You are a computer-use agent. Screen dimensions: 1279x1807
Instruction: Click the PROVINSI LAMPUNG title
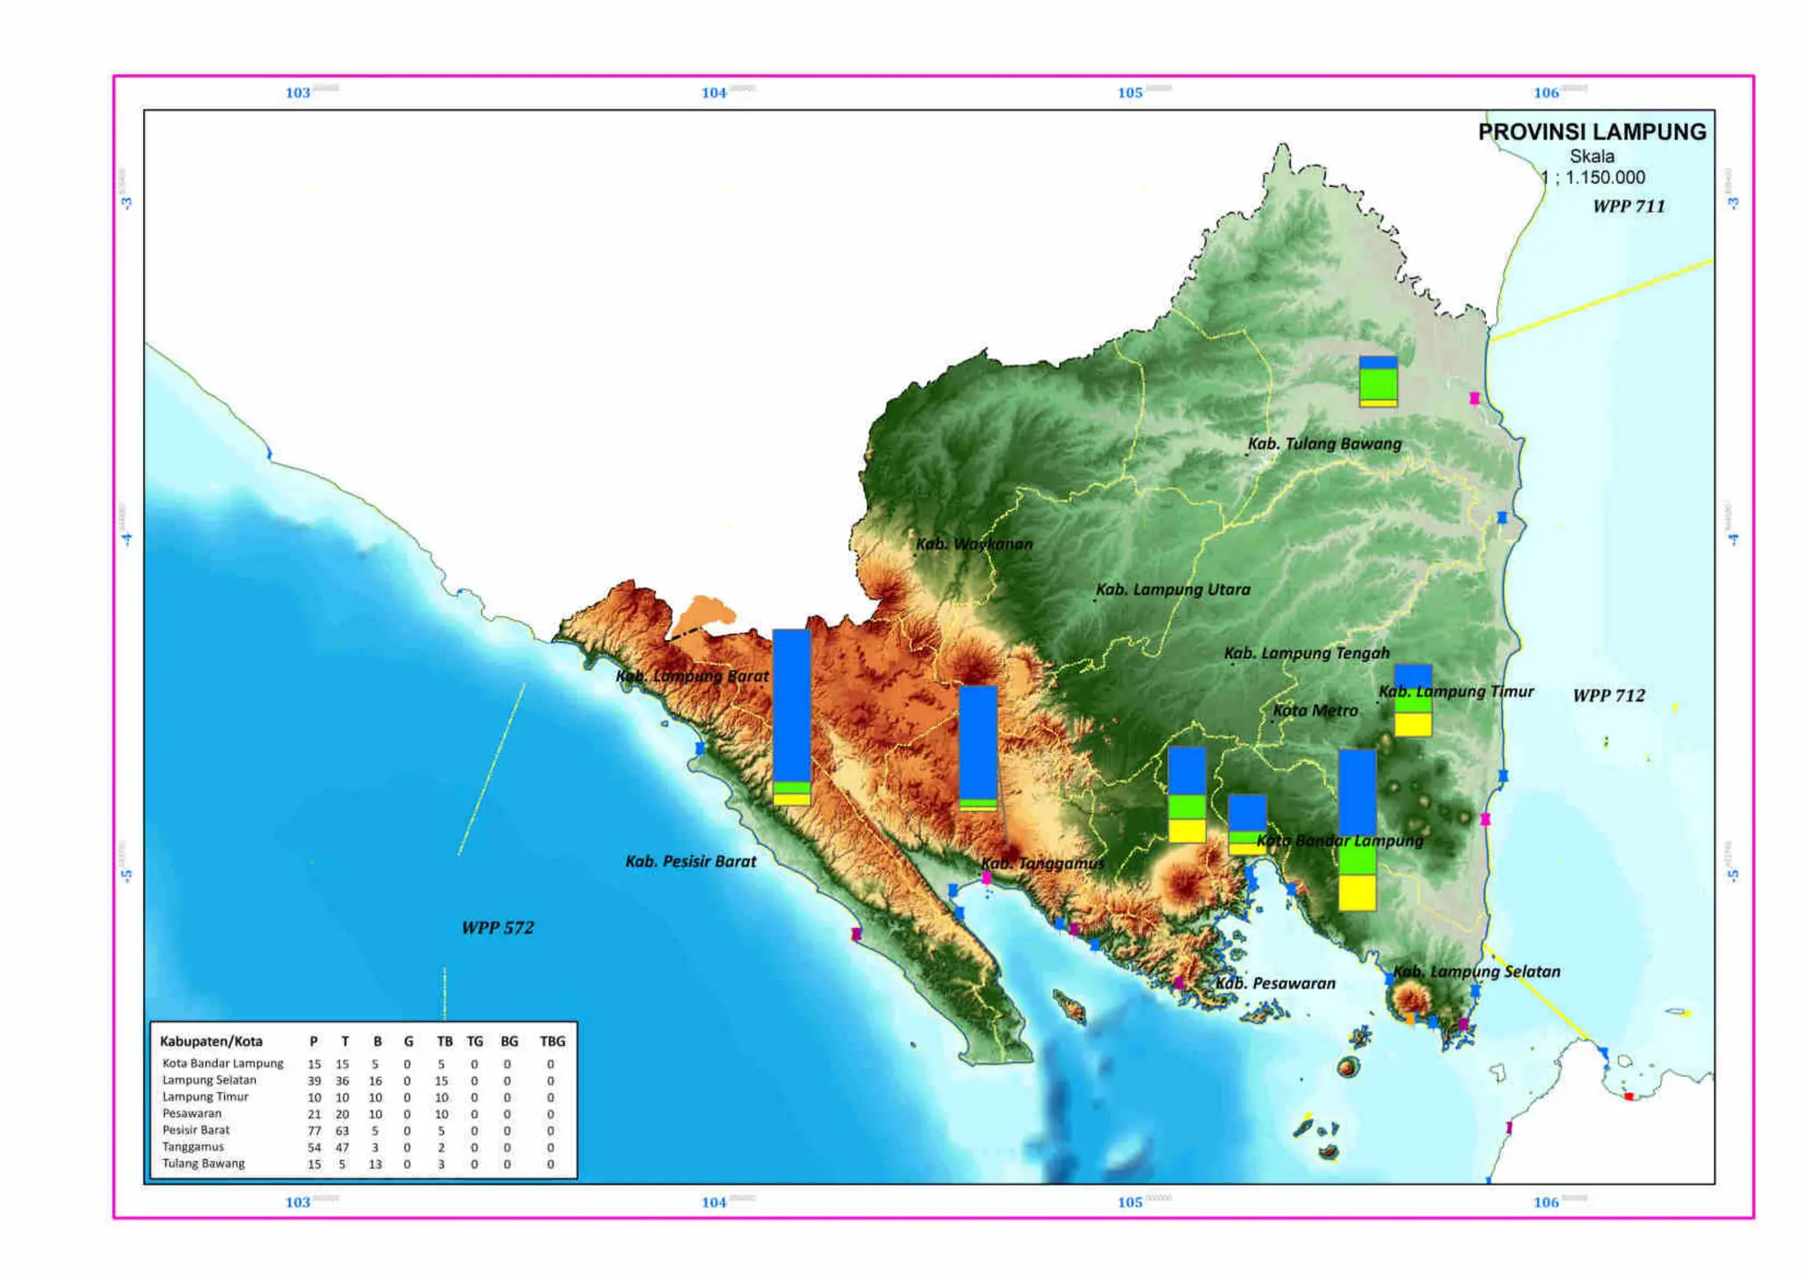point(1591,132)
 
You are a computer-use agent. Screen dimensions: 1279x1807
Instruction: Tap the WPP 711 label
point(1628,207)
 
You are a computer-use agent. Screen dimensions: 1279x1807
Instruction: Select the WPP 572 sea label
point(498,928)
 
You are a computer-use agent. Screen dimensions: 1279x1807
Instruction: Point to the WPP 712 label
point(1608,696)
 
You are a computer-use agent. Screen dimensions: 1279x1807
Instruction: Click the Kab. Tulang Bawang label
point(1324,444)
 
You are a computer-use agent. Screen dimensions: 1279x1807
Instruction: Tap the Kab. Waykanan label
point(973,544)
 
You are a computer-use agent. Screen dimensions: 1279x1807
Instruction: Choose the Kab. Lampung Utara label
point(1173,590)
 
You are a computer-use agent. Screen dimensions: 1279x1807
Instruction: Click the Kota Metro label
point(1315,711)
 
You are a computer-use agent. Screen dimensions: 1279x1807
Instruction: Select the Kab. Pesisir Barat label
point(691,861)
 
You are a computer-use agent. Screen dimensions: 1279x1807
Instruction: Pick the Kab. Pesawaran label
point(1275,983)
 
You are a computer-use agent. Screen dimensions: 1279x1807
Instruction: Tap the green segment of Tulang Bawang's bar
point(1377,384)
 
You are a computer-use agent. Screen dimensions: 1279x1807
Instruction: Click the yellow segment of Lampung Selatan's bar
point(1357,892)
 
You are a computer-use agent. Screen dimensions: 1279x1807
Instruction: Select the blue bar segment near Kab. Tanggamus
point(978,741)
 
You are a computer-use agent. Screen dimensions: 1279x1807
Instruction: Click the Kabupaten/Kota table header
point(211,1042)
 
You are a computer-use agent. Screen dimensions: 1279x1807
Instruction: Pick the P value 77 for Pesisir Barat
point(313,1131)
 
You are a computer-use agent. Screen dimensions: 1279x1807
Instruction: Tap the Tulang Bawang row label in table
point(203,1164)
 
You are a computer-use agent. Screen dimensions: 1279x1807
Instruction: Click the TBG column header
point(551,1042)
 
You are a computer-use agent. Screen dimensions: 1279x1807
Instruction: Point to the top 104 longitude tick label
point(714,93)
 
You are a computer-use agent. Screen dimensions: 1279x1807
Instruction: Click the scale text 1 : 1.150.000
point(1593,177)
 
